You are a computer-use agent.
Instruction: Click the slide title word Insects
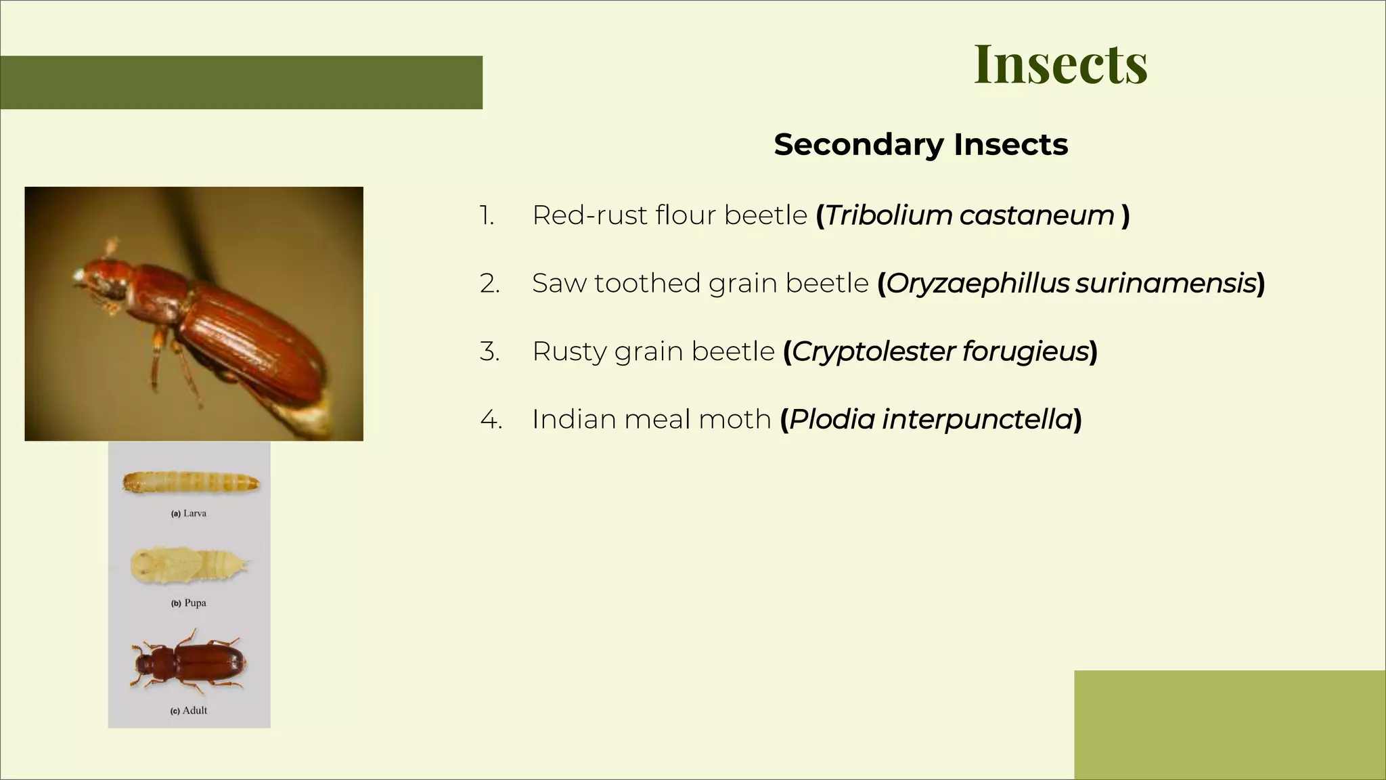[1060, 64]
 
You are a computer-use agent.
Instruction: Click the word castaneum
[1037, 215]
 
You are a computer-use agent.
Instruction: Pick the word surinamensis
[1165, 284]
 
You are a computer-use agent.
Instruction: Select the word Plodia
[832, 420]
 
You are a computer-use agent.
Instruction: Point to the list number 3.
[489, 351]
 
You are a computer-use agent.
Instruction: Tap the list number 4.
[491, 420]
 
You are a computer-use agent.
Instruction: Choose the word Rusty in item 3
[569, 351]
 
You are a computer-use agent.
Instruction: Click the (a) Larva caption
[189, 513]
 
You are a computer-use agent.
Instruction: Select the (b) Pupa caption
[189, 603]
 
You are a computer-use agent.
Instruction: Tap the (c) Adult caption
[189, 710]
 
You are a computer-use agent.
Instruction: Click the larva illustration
[191, 483]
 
